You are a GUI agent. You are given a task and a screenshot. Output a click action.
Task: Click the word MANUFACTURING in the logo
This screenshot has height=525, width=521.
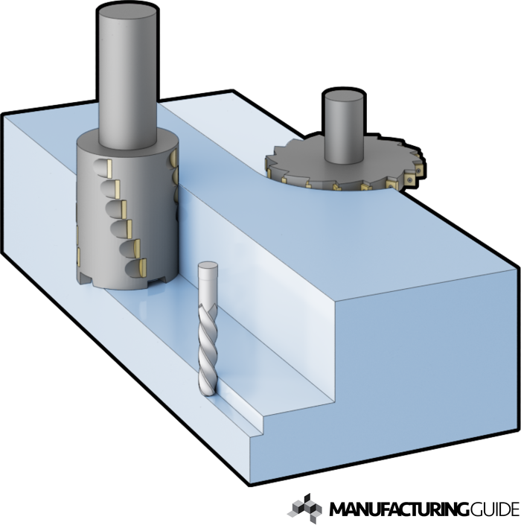(400, 509)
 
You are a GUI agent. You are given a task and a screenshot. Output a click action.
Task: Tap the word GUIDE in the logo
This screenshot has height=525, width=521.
(494, 509)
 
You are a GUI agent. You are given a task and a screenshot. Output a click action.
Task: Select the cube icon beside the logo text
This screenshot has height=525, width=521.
(304, 509)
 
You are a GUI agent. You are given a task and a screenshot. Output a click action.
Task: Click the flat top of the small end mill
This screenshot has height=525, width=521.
(208, 266)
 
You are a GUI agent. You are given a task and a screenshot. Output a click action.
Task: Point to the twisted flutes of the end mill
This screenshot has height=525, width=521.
(208, 349)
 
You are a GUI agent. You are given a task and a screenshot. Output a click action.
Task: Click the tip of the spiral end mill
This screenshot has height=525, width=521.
(208, 395)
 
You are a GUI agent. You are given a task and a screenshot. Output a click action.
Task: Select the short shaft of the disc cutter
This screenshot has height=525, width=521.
(344, 127)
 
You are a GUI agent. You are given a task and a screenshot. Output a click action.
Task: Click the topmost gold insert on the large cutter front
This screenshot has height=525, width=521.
(109, 169)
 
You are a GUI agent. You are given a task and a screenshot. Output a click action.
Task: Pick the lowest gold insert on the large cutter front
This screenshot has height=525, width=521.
(143, 267)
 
